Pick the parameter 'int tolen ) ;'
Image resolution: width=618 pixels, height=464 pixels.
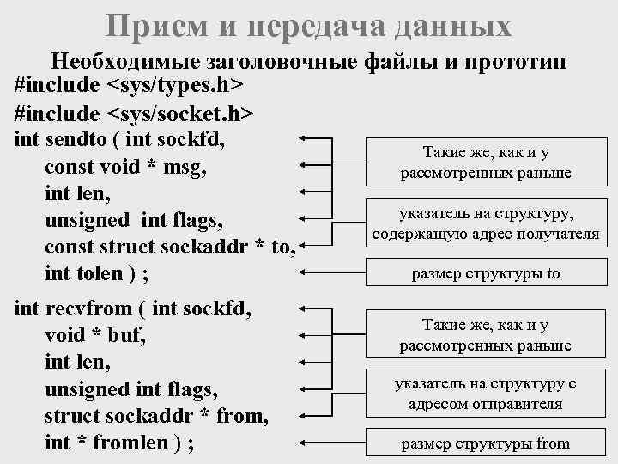tap(96, 275)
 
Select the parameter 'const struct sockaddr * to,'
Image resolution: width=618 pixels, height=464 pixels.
tap(170, 247)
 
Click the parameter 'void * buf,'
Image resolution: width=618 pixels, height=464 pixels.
tap(94, 334)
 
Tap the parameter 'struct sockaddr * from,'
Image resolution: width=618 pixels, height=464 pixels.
tap(156, 417)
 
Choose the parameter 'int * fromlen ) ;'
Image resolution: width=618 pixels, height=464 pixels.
tap(118, 443)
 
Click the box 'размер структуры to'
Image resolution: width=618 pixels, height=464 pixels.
tap(486, 275)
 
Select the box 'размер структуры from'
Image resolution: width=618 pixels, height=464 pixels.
tap(486, 444)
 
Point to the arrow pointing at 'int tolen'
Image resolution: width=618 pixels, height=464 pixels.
tap(335, 275)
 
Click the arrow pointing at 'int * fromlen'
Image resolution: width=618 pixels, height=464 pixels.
tap(335, 444)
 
